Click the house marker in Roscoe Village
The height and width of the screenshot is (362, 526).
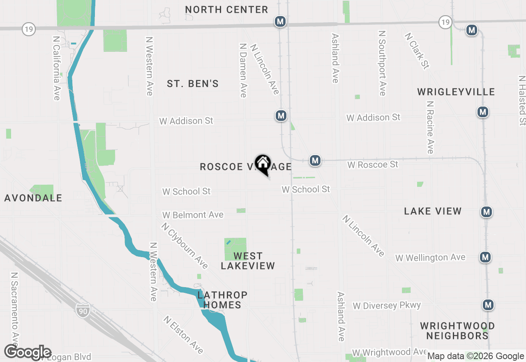coord(263,164)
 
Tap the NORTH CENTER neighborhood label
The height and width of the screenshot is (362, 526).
coord(226,9)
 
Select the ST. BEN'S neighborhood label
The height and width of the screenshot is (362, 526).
coord(193,84)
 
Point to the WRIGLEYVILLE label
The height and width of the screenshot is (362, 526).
coord(456,92)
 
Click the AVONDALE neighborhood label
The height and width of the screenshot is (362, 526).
coord(33,198)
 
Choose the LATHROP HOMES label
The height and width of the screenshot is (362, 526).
coord(222,300)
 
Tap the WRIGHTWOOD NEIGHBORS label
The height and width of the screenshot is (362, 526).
coord(457,331)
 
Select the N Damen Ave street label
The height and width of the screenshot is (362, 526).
coord(242,70)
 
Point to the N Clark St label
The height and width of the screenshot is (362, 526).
coord(417,51)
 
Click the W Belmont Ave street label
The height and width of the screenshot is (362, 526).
coord(193,215)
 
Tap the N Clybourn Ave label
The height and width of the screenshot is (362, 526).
coord(185,245)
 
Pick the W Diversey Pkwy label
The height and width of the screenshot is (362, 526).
coord(387,305)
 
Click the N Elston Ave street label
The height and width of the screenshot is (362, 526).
coord(183,334)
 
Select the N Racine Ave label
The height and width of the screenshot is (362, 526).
coord(430,127)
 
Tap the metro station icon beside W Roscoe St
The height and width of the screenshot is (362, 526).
coord(315,160)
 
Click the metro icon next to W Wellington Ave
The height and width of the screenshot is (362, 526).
coord(485,258)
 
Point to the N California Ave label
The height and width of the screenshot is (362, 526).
coord(57,68)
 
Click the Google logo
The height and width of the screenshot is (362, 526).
coord(28,353)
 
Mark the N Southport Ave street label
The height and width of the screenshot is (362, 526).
coord(382,63)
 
